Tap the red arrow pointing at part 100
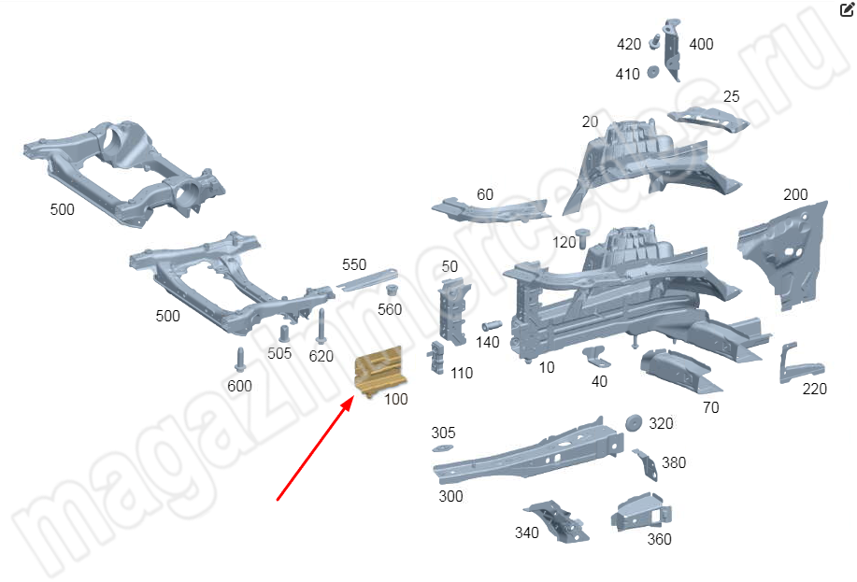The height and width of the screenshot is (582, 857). [x=315, y=448]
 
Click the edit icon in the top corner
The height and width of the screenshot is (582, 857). [x=847, y=9]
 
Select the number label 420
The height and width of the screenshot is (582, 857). [x=629, y=44]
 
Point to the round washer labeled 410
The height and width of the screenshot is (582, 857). [x=652, y=72]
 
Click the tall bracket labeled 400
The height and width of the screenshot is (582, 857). [x=672, y=50]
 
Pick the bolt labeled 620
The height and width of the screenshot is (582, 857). [x=321, y=327]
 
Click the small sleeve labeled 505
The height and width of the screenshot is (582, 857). [x=284, y=334]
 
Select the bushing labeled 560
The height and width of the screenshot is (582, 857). [x=392, y=291]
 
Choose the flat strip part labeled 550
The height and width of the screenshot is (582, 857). [x=366, y=279]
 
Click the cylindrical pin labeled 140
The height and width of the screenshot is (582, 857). [x=492, y=326]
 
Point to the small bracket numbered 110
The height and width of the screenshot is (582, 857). [x=436, y=358]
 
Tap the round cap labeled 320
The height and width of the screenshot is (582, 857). [x=634, y=423]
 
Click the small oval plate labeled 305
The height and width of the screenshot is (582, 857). [x=442, y=448]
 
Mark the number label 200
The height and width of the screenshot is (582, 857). [x=795, y=194]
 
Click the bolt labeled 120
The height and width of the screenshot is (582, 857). [x=583, y=238]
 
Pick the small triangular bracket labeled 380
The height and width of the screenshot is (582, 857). [x=646, y=465]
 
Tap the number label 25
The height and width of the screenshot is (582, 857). [x=731, y=97]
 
